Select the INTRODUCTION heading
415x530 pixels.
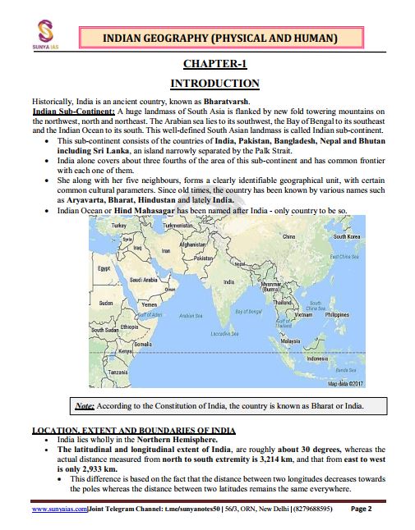214,84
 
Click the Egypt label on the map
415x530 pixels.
104,268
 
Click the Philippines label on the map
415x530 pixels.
337,314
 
